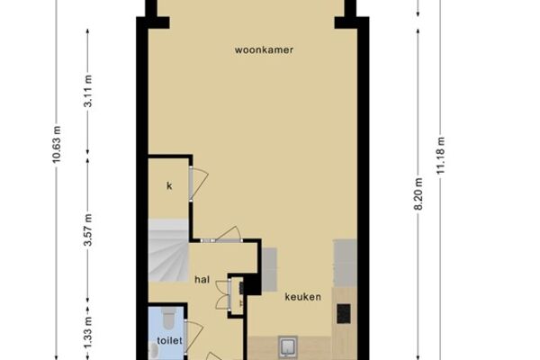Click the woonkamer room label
click(x=264, y=50)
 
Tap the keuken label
click(x=302, y=297)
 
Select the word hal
click(x=202, y=279)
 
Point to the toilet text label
click(x=169, y=341)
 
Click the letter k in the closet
click(x=169, y=185)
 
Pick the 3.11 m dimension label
click(x=88, y=91)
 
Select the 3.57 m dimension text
click(x=88, y=229)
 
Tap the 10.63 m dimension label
click(x=57, y=144)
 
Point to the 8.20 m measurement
click(x=418, y=193)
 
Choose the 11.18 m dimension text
click(x=440, y=156)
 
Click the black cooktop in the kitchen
click(x=344, y=313)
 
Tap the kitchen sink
click(x=288, y=346)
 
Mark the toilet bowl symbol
click(x=169, y=319)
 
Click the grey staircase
click(x=169, y=251)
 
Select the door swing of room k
click(x=199, y=184)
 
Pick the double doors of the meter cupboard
click(x=223, y=294)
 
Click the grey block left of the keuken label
click(x=269, y=268)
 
